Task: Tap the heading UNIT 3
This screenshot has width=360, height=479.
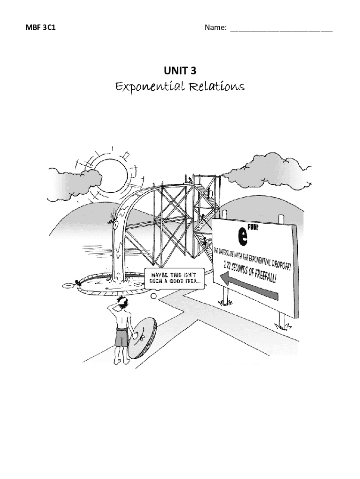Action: [180, 71]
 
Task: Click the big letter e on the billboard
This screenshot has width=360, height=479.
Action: [242, 237]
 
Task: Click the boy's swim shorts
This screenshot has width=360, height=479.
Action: [122, 337]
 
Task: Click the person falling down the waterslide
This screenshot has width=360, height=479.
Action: [112, 217]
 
